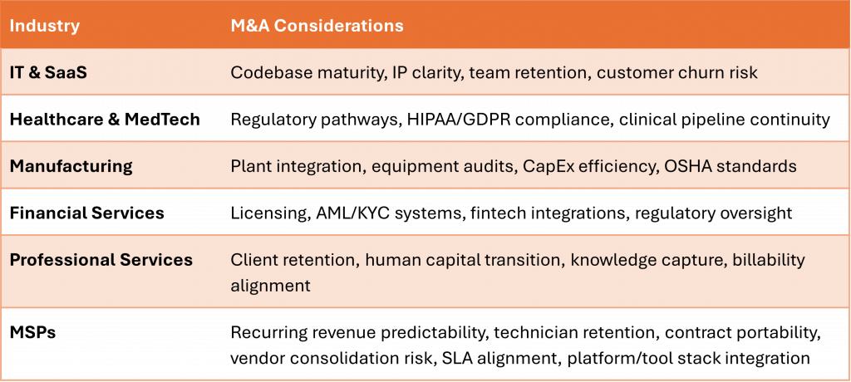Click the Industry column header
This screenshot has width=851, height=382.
(x=45, y=26)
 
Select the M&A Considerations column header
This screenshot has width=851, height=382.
(x=317, y=26)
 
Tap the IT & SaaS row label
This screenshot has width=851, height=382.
(x=48, y=72)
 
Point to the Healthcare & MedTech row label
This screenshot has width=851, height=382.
(x=105, y=120)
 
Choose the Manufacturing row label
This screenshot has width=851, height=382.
(x=71, y=166)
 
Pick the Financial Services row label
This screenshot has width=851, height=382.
(x=86, y=213)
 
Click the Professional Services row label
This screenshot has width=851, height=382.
(x=101, y=260)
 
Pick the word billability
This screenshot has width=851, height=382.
(x=769, y=260)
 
